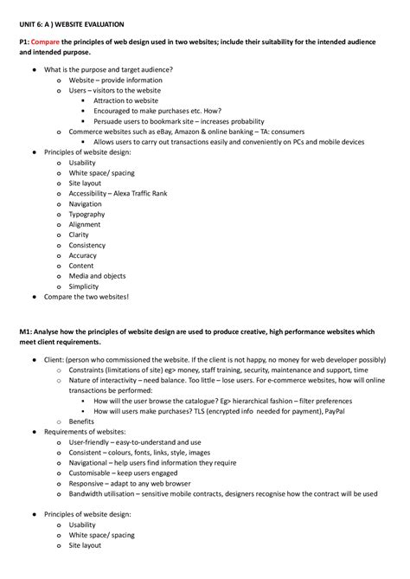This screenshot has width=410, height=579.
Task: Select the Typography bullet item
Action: pos(86,215)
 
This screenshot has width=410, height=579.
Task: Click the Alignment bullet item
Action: pos(85,225)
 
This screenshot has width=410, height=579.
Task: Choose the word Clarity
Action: pos(79,235)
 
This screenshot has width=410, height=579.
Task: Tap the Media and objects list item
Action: pos(97,276)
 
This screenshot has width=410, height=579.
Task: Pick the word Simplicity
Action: pos(84,286)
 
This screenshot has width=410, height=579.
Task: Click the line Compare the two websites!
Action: pos(86,297)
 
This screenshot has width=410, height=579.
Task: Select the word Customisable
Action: pos(92,473)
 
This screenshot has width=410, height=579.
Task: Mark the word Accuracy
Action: pos(83,255)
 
